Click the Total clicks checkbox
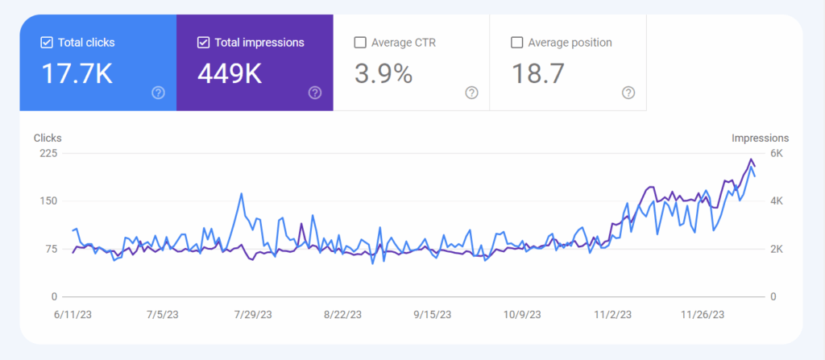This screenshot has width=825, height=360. pyautogui.click(x=46, y=42)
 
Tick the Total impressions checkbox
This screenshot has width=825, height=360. pyautogui.click(x=203, y=42)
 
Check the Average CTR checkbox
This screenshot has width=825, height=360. pyautogui.click(x=359, y=42)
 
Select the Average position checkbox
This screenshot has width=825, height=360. pyautogui.click(x=516, y=42)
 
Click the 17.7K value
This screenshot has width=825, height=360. pyautogui.click(x=77, y=74)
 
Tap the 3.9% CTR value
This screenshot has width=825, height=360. pyautogui.click(x=383, y=74)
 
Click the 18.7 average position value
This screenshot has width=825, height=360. pyautogui.click(x=538, y=74)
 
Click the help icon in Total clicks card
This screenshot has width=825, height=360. pyautogui.click(x=158, y=93)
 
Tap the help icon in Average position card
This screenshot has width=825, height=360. pyautogui.click(x=628, y=93)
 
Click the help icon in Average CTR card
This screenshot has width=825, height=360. pyautogui.click(x=471, y=93)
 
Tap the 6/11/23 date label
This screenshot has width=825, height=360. pyautogui.click(x=73, y=316)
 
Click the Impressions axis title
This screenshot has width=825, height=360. pyautogui.click(x=760, y=138)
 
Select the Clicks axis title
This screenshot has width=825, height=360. pyautogui.click(x=48, y=138)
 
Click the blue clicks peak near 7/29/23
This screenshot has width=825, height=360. pyautogui.click(x=242, y=193)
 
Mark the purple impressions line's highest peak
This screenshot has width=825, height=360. pyautogui.click(x=751, y=159)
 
